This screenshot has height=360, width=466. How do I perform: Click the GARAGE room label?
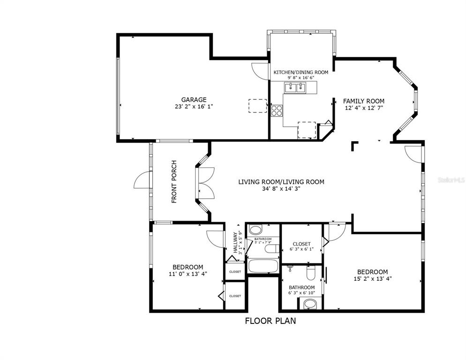click(x=194, y=99)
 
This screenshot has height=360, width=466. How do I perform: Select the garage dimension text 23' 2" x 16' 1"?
click(x=194, y=106)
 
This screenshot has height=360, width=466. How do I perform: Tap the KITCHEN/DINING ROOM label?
click(x=301, y=72)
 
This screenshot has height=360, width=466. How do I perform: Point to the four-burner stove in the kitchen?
click(x=277, y=110)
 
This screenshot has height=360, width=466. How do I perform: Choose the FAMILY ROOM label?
click(x=363, y=101)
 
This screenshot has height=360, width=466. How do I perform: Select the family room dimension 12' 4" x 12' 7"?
click(x=363, y=108)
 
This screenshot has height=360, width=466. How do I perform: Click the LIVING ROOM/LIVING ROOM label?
click(x=281, y=182)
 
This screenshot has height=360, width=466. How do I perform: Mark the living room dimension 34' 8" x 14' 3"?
click(x=281, y=189)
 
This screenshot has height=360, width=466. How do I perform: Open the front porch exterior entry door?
click(x=142, y=180)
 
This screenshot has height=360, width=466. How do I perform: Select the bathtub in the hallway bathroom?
click(x=263, y=266)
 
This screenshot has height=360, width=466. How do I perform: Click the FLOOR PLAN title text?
click(x=271, y=321)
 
